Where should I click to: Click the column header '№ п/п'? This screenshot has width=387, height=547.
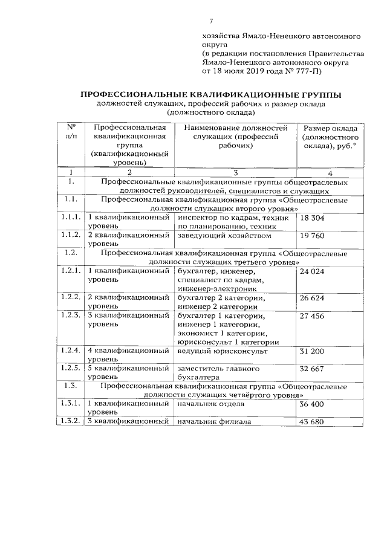70,133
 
